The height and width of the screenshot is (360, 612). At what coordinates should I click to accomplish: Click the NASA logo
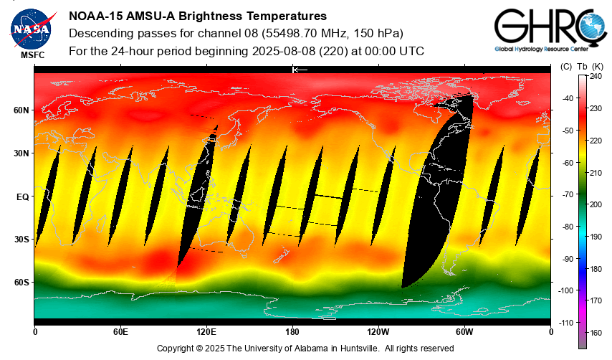32,28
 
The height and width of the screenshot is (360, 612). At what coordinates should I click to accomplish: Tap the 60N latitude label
21,110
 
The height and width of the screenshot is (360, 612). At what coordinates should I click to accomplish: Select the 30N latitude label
21,153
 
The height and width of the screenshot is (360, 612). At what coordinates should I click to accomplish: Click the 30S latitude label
21,240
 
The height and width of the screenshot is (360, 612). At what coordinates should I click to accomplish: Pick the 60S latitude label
21,283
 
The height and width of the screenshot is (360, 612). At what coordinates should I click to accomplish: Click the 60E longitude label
120,331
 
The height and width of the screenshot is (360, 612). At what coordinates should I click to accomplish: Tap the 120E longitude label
206,331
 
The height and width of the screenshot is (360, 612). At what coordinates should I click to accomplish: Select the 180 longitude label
292,331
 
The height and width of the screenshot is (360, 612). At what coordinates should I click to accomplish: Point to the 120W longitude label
378,331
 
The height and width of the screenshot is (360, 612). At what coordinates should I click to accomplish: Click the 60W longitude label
464,331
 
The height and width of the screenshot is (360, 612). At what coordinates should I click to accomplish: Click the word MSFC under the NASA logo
32,55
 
